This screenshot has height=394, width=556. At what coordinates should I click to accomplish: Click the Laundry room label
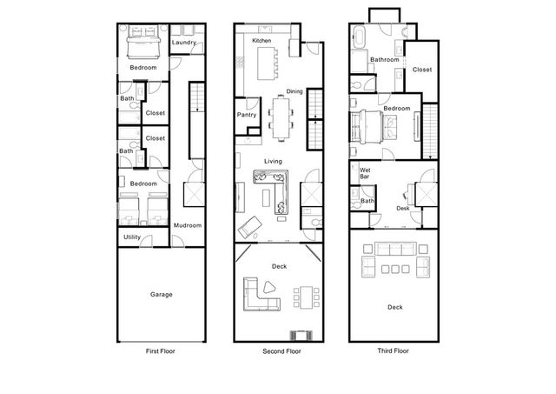[x=183, y=43]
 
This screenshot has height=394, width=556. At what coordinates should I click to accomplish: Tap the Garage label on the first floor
[x=162, y=294]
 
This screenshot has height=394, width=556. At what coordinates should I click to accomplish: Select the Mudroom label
[x=188, y=225]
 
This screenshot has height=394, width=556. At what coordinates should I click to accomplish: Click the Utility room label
[x=132, y=237]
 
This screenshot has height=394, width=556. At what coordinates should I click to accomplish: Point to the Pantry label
[x=247, y=115]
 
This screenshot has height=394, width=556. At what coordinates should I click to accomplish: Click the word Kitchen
[x=261, y=41]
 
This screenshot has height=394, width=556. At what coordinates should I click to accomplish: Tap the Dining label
[x=295, y=91]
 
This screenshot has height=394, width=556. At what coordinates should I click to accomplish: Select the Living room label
[x=273, y=162]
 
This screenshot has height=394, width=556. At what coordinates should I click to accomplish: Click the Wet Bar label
[x=365, y=173]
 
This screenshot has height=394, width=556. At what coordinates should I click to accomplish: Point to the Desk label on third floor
[x=403, y=209]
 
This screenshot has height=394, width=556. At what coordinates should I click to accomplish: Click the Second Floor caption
[x=281, y=351]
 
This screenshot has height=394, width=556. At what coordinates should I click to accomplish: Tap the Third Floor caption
[x=393, y=351]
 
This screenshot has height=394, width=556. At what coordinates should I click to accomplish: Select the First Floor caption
[x=160, y=351]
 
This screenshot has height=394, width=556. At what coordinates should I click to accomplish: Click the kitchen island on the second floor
[x=265, y=63]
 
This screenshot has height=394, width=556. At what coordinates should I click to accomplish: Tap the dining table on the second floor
[x=281, y=118]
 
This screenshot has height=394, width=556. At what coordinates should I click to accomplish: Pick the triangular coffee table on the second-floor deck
[x=269, y=287]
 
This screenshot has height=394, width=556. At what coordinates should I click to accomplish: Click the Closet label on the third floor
[x=422, y=70]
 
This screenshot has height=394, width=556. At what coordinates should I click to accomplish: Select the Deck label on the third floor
[x=395, y=307]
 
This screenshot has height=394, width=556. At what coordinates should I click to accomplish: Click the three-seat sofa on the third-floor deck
[x=395, y=249]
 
